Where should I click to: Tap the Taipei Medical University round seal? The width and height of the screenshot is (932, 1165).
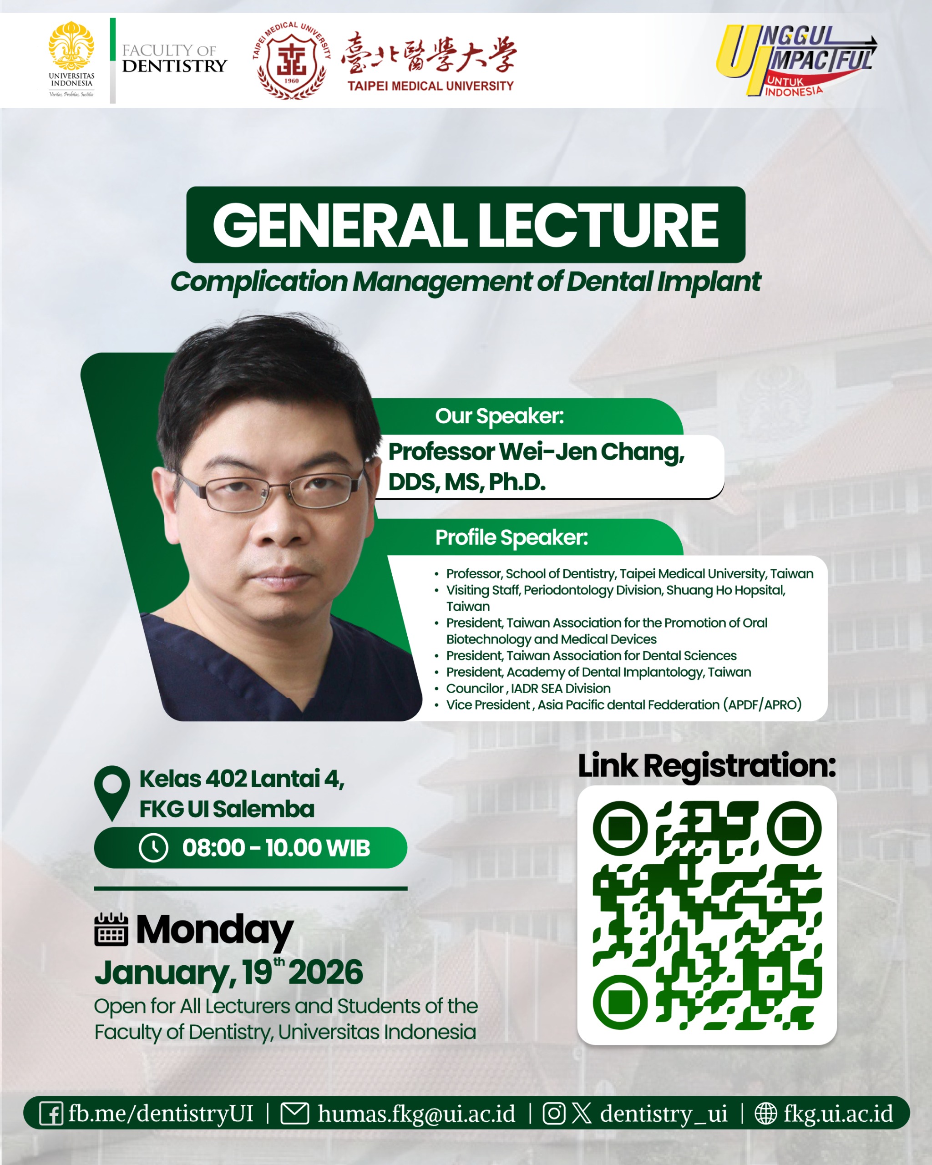pyautogui.click(x=292, y=61)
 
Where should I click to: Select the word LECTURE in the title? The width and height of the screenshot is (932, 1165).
pyautogui.click(x=598, y=225)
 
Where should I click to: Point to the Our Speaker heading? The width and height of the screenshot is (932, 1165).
pyautogui.click(x=499, y=416)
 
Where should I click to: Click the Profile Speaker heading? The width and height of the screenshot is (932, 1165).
pyautogui.click(x=512, y=537)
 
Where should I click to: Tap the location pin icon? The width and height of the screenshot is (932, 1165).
pyautogui.click(x=112, y=792)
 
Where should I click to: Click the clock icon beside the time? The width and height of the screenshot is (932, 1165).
pyautogui.click(x=153, y=847)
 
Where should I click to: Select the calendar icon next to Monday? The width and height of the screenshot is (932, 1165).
pyautogui.click(x=111, y=929)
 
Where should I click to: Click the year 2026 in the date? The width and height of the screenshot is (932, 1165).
pyautogui.click(x=325, y=973)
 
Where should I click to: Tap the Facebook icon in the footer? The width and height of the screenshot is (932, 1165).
pyautogui.click(x=51, y=1114)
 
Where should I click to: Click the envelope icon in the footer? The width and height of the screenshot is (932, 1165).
pyautogui.click(x=295, y=1114)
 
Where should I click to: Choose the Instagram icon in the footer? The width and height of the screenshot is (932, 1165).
pyautogui.click(x=554, y=1114)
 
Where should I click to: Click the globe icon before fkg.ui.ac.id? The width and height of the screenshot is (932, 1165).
pyautogui.click(x=765, y=1114)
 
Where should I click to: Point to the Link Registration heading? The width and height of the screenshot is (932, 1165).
pyautogui.click(x=707, y=766)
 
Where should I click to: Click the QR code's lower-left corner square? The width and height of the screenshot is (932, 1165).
pyautogui.click(x=620, y=1002)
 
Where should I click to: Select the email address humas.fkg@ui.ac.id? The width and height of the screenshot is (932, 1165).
pyautogui.click(x=416, y=1114)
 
